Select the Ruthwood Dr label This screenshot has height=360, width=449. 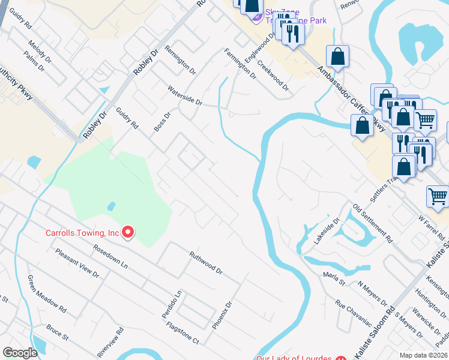206,263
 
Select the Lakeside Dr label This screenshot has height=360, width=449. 327,230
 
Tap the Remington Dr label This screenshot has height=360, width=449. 180,60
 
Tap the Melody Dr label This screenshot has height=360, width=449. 41,52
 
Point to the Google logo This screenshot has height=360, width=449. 20,353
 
